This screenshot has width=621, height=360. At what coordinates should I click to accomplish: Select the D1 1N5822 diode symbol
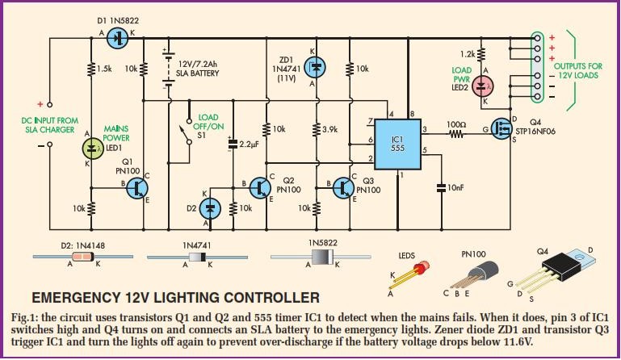120,37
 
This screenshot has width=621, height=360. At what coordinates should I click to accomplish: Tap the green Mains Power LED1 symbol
91,147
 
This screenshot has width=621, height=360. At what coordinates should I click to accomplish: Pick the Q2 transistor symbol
260,187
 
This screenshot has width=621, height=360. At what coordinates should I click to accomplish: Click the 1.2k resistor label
465,53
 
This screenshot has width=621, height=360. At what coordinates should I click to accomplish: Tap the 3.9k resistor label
330,129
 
